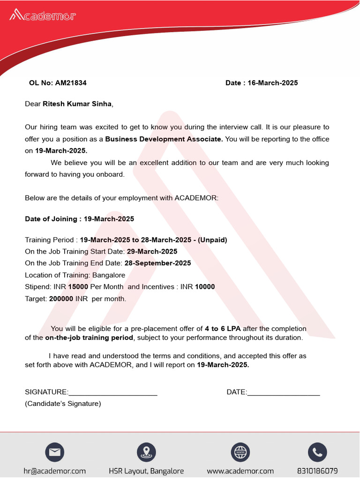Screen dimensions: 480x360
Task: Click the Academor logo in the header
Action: [x=43, y=15]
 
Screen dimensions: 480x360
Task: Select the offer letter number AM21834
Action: [x=71, y=83]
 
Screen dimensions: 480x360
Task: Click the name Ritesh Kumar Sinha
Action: [x=77, y=104]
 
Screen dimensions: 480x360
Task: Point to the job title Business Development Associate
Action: [x=164, y=139]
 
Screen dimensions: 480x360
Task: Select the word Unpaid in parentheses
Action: [x=212, y=240]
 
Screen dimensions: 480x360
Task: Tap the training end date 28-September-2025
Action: [x=157, y=263]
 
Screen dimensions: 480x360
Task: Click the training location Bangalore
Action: [x=109, y=275]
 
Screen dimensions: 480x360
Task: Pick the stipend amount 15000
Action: [x=78, y=287]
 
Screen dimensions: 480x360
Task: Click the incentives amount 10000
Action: [x=205, y=287]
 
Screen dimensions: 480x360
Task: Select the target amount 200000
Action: [x=61, y=299]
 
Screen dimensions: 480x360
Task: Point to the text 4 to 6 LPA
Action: [x=223, y=329]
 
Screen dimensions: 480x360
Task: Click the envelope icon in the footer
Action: [x=55, y=452]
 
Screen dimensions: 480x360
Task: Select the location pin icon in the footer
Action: [x=146, y=452]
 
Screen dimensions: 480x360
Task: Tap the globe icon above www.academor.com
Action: [x=240, y=452]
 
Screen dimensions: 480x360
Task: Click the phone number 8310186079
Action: [x=317, y=471]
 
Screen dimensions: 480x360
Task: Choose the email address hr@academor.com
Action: [x=55, y=471]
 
